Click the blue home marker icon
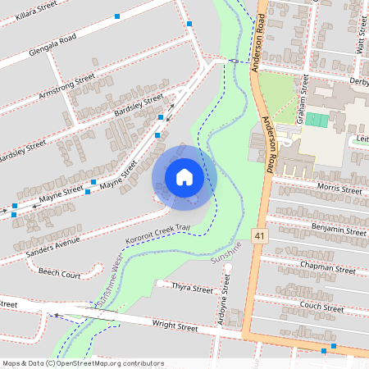[x=184, y=177]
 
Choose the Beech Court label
[x=59, y=273]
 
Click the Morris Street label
[x=339, y=189]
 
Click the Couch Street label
[x=321, y=307]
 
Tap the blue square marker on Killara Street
[x=117, y=16]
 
